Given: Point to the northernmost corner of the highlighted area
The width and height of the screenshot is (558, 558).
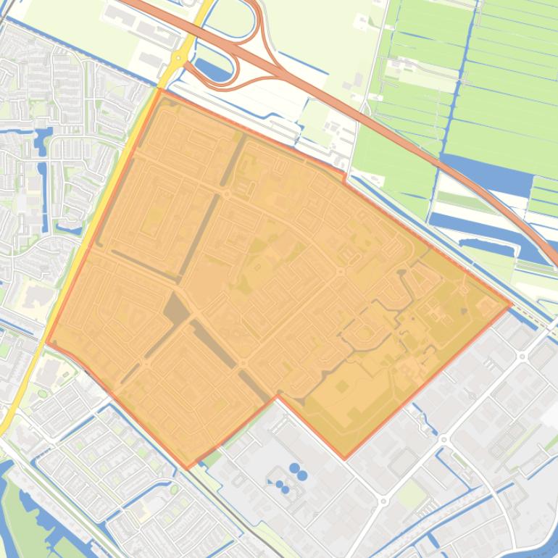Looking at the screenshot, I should (x=161, y=90).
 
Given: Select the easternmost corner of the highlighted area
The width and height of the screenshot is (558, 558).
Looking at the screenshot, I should (x=511, y=305).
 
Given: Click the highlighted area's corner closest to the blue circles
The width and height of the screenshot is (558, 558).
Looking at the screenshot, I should (x=277, y=396).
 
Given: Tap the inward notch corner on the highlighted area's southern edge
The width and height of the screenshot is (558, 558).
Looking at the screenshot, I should (x=277, y=396).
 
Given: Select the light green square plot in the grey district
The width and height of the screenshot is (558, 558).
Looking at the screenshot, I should (x=412, y=495).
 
